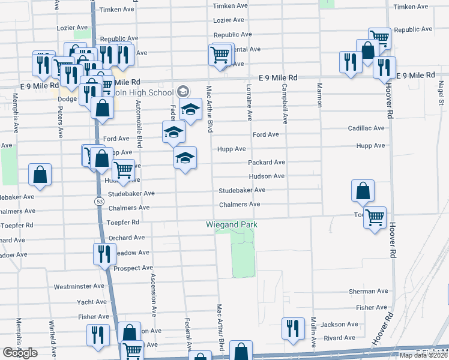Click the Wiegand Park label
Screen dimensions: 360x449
click(232, 224)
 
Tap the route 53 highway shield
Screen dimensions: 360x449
click(98, 202)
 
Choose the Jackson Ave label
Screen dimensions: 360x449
click(339, 325)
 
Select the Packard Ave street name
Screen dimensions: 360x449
click(267, 163)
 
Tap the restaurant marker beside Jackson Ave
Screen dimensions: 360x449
click(293, 328)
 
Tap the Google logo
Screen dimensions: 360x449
click(20, 353)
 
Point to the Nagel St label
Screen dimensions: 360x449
click(441, 95)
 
